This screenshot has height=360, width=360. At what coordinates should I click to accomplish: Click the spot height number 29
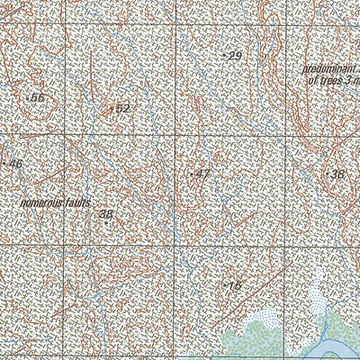tap(236, 57)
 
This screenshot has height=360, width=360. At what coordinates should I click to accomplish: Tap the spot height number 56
tap(38, 98)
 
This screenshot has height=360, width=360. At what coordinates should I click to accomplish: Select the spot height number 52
tap(123, 109)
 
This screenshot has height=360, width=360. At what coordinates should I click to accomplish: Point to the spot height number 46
tap(14, 165)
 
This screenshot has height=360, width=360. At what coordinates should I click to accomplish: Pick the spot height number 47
tap(202, 173)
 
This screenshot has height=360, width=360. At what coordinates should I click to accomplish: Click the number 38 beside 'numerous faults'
tap(106, 214)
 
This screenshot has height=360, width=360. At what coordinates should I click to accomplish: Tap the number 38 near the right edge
tap(337, 174)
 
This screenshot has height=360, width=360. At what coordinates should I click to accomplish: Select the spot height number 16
tap(235, 286)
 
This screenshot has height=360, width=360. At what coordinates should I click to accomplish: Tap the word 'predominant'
tap(329, 69)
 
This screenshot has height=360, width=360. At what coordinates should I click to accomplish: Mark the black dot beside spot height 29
tap(223, 56)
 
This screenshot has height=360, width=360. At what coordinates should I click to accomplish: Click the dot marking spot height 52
tap(111, 109)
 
